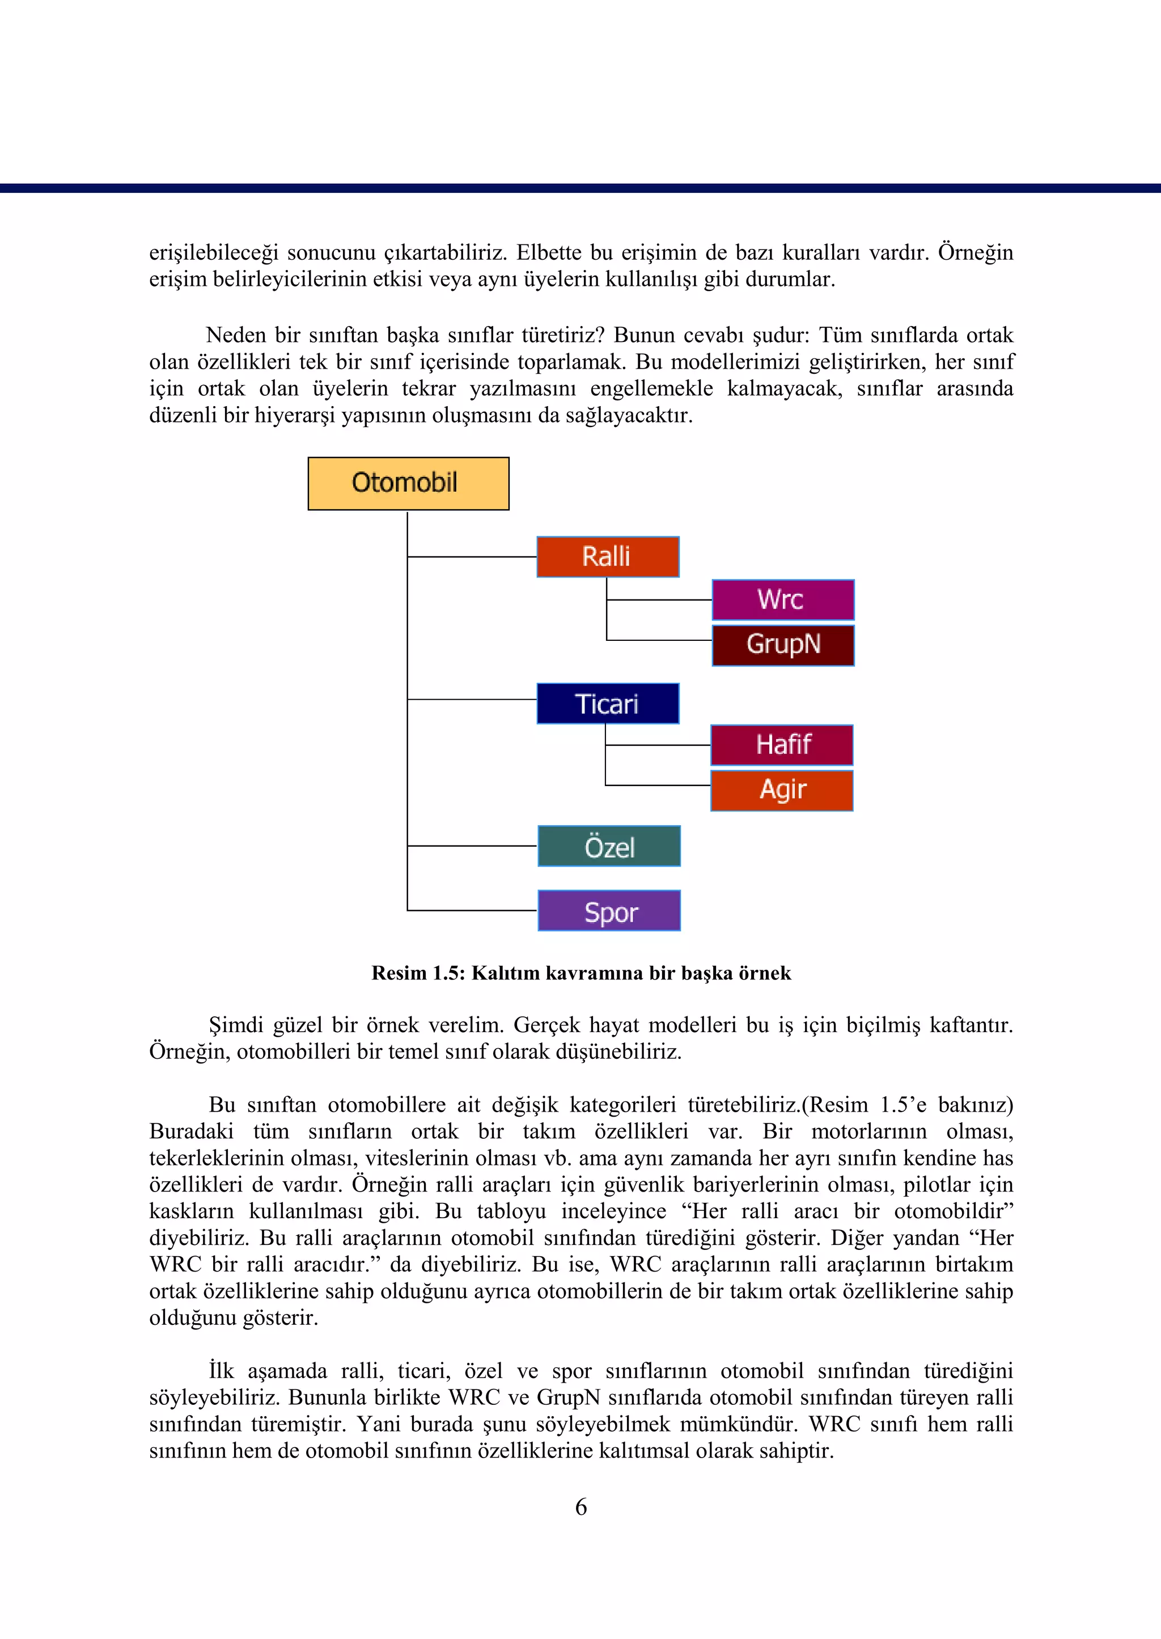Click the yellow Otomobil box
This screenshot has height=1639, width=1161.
pyautogui.click(x=408, y=483)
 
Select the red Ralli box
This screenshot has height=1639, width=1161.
pyautogui.click(x=608, y=556)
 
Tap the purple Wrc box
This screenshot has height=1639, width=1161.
pyautogui.click(x=783, y=599)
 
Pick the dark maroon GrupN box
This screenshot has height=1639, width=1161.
pyautogui.click(x=783, y=645)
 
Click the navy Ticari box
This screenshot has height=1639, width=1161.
pyautogui.click(x=608, y=704)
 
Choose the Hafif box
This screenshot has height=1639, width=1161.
pyautogui.click(x=781, y=745)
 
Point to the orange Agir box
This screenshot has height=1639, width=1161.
pyautogui.click(x=781, y=790)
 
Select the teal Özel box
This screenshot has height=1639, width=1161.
pyautogui.click(x=609, y=846)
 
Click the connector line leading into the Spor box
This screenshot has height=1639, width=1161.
pyautogui.click(x=472, y=910)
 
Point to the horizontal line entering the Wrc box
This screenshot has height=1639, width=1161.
pyautogui.click(x=659, y=600)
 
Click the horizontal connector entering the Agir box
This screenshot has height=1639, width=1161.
pyautogui.click(x=658, y=785)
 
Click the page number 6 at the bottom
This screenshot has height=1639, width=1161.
pyautogui.click(x=581, y=1507)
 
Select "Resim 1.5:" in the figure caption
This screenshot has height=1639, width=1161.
pyautogui.click(x=418, y=973)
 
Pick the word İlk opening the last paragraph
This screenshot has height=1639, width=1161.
pyautogui.click(x=222, y=1371)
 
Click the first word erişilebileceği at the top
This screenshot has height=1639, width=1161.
pyautogui.click(x=213, y=253)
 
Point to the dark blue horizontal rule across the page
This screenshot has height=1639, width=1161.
pyautogui.click(x=580, y=188)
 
